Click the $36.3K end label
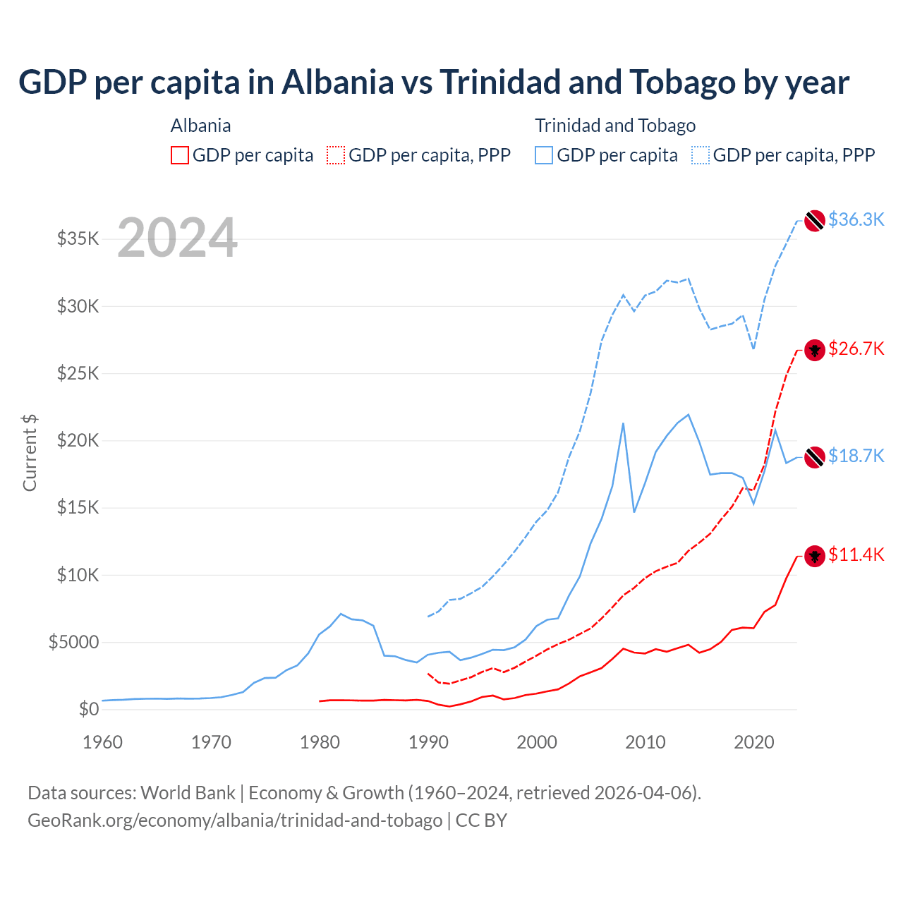point(856,219)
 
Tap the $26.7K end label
point(856,349)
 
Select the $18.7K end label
point(856,456)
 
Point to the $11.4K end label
point(856,554)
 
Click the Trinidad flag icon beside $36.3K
point(815,220)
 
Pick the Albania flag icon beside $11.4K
point(815,556)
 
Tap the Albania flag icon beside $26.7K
point(815,350)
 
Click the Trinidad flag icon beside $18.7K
point(815,456)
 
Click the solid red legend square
point(180,155)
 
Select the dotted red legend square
point(336,155)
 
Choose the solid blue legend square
point(544,155)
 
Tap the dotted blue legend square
point(701,155)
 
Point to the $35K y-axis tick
point(78,238)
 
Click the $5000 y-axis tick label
point(74,642)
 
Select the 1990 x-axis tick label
point(428,742)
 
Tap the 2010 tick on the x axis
point(646,742)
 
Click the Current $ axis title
point(30,453)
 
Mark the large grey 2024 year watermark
point(177,238)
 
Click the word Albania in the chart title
point(338,83)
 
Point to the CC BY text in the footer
point(481,820)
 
